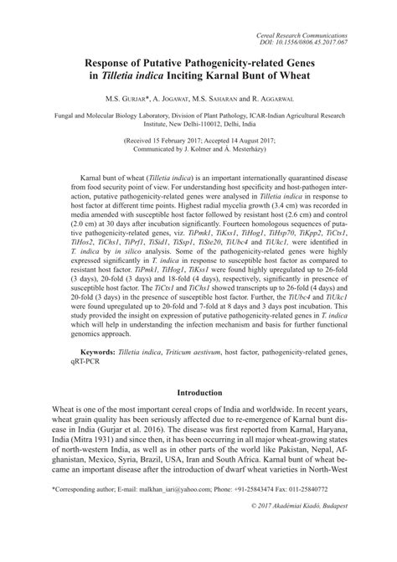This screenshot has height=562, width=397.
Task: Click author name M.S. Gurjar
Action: [128, 98]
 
